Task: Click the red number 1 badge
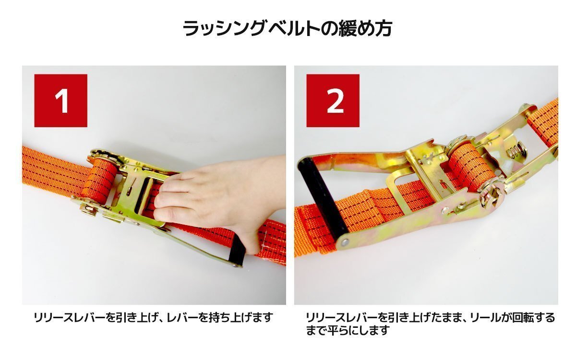click(x=61, y=100)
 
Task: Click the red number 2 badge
click(x=333, y=100)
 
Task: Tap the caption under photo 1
click(x=153, y=318)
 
